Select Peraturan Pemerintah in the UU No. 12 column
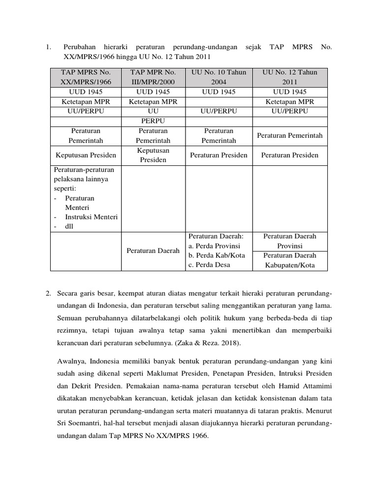(290, 135)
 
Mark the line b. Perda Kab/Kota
(215, 255)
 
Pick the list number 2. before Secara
(48, 294)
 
